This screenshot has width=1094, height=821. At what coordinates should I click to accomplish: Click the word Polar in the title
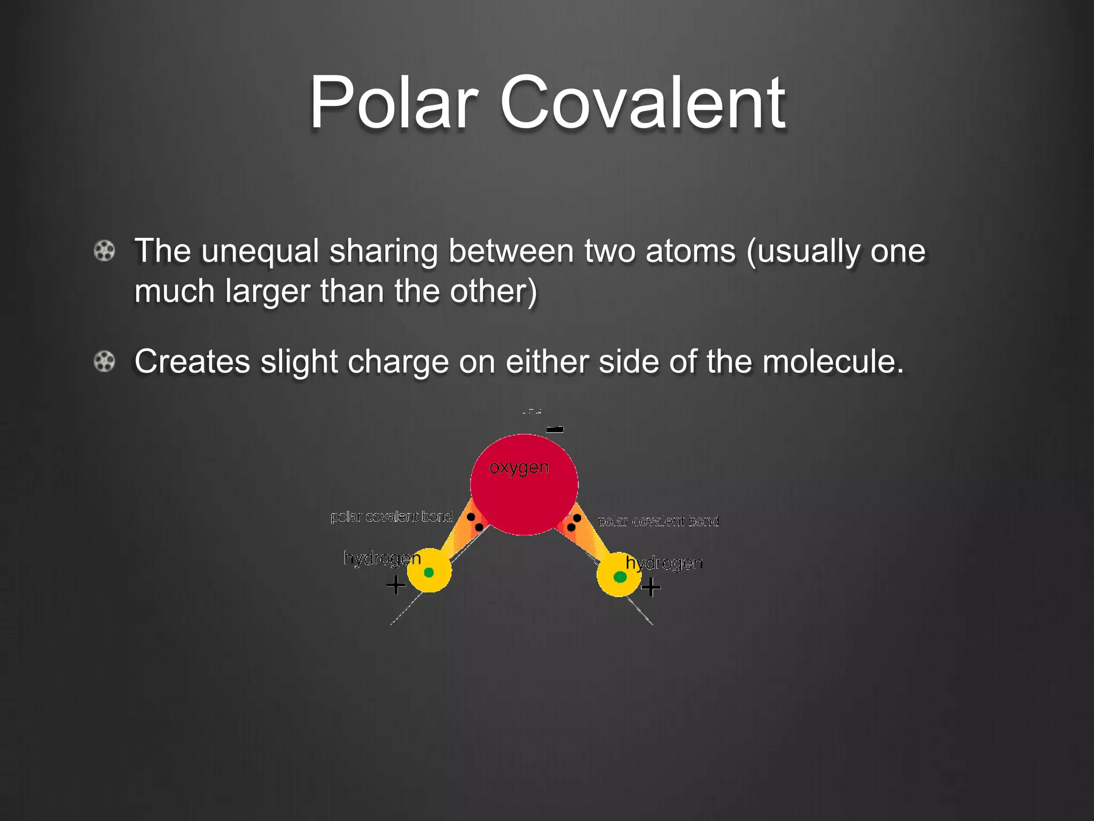[393, 102]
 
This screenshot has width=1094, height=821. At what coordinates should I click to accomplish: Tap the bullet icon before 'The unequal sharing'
[104, 251]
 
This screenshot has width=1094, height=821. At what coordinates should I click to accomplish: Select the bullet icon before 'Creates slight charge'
[104, 362]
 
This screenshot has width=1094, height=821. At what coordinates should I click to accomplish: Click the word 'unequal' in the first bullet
[260, 251]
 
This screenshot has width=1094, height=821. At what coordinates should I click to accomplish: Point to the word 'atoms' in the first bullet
[690, 251]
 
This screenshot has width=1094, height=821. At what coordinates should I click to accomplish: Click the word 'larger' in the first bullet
[267, 292]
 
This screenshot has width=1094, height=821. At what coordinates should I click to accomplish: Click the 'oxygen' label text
[519, 468]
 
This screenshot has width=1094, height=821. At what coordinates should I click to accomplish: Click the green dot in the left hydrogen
[428, 572]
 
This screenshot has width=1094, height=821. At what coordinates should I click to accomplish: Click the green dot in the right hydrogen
[620, 577]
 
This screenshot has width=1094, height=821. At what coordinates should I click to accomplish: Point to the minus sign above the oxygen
[555, 429]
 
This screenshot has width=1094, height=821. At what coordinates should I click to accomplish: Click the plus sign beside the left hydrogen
[395, 585]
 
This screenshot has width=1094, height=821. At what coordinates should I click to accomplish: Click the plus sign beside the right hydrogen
[651, 587]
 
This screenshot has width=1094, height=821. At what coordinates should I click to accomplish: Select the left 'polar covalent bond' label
[392, 517]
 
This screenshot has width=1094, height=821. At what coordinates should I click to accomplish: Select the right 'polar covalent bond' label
[658, 521]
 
